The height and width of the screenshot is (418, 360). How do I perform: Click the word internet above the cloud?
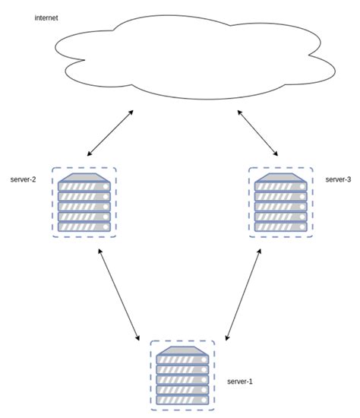coord(47,17)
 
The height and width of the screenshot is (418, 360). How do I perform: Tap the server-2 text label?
coord(24,181)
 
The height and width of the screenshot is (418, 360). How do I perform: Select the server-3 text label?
coord(337,179)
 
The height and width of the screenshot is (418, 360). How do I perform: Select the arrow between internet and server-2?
coord(111,134)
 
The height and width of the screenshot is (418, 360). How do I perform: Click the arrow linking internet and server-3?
coord(258,134)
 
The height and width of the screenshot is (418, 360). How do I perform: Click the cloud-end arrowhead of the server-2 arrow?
coord(131,112)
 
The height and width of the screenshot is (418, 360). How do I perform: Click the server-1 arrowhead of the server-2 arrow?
coord(138,337)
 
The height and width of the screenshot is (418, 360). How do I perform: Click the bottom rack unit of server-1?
coord(182,401)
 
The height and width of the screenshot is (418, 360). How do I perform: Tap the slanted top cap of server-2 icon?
coord(84,178)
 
